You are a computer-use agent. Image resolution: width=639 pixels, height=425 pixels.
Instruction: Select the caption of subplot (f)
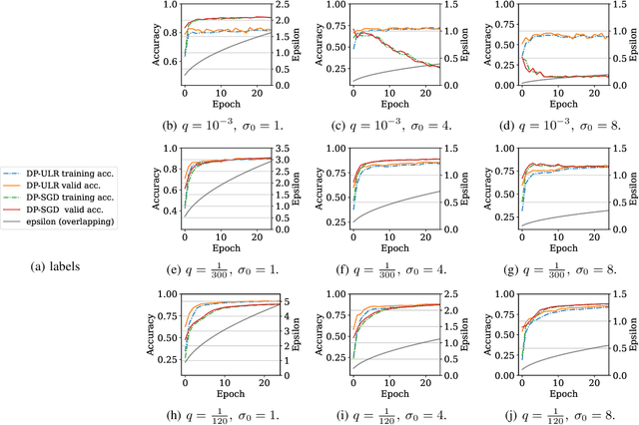click(389, 267)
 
